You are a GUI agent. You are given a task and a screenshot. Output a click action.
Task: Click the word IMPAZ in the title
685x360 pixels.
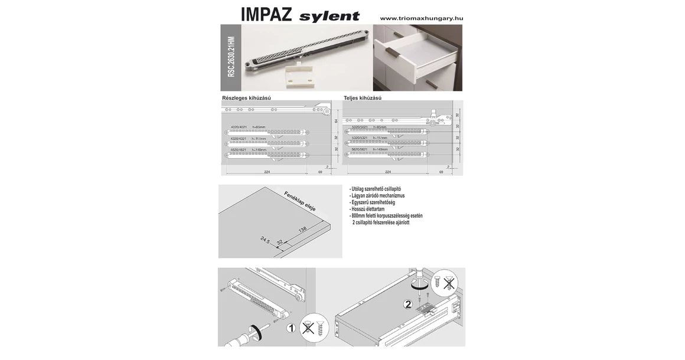pyautogui.click(x=266, y=15)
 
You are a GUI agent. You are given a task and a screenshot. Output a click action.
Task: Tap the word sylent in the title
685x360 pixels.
pyautogui.click(x=329, y=16)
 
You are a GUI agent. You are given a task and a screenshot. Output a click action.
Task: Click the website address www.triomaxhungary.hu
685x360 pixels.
pyautogui.click(x=421, y=18)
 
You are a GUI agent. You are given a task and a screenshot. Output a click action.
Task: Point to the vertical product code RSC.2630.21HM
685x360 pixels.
pyautogui.click(x=231, y=57)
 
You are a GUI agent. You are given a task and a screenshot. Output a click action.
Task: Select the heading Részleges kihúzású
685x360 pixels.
pyautogui.click(x=246, y=98)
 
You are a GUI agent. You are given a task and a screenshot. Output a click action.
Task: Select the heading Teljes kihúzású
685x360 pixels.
pyautogui.click(x=363, y=98)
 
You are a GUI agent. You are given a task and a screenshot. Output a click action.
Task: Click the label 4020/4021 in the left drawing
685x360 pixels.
pyautogui.click(x=238, y=127)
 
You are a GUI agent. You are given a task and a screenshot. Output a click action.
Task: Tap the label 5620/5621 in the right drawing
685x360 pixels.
pyautogui.click(x=360, y=149)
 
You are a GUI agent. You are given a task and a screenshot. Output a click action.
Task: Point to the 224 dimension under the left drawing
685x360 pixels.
pyautogui.click(x=267, y=172)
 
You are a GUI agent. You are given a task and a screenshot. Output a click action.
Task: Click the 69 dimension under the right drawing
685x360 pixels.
pyautogui.click(x=441, y=172)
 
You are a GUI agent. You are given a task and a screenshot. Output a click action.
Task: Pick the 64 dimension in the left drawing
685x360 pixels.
pyautogui.click(x=336, y=121)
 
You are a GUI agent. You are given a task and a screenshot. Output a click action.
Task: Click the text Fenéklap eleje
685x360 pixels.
pyautogui.click(x=300, y=201)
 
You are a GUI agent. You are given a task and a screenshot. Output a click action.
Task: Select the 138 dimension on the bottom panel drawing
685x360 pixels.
pyautogui.click(x=303, y=230)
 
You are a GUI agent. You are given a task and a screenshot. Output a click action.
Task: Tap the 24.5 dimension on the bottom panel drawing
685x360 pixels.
pyautogui.click(x=265, y=240)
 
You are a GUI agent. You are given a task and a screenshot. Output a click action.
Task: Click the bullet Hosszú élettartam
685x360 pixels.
pyautogui.click(x=367, y=209)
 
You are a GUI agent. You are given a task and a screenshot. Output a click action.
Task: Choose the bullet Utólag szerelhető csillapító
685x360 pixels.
pyautogui.click(x=376, y=189)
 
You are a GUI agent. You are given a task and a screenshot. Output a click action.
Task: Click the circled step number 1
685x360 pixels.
pyautogui.click(x=291, y=328)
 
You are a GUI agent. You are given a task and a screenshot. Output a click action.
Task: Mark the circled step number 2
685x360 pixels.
pyautogui.click(x=407, y=305)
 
